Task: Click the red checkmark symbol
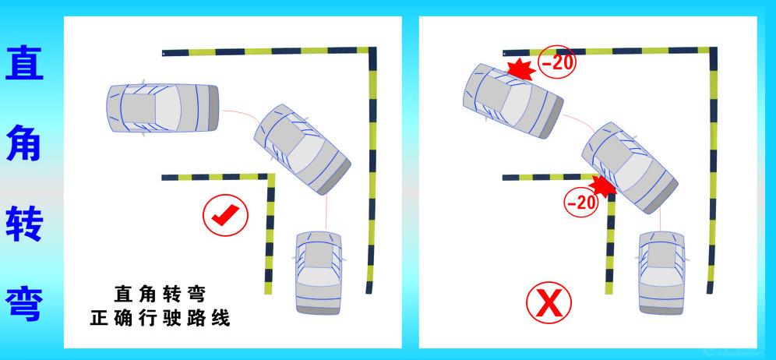coord(226,215)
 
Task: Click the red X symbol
coord(548,302)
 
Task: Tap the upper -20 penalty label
coord(557,62)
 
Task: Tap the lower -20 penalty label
coord(581,202)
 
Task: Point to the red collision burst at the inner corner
coord(602,185)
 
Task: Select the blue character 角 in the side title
coord(24,143)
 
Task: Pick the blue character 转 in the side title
coord(24,222)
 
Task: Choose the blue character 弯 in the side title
coord(24,303)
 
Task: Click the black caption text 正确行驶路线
coord(160,318)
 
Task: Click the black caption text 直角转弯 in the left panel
coord(160,295)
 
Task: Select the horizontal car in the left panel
coord(163,108)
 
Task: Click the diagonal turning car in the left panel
coord(302,149)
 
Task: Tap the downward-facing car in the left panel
coord(318,273)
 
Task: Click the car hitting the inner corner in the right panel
coord(630,168)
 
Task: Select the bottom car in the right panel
coord(661,273)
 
